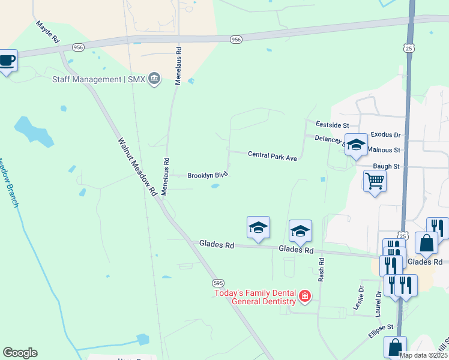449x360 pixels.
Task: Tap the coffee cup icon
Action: point(7,61)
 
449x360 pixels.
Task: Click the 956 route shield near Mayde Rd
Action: point(77,47)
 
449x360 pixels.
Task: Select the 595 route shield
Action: point(217,282)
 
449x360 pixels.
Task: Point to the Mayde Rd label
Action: point(47,32)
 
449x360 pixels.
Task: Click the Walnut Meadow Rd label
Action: point(137,167)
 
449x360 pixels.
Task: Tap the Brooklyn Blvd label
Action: point(208,175)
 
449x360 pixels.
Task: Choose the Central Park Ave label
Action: point(273,156)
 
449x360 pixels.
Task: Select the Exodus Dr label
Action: point(385,136)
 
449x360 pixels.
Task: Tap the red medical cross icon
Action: point(305,296)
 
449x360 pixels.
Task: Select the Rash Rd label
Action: point(321,270)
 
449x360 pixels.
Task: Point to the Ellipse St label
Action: point(380,327)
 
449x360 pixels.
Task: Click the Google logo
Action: point(20,353)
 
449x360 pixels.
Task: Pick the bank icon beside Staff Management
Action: point(155,79)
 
